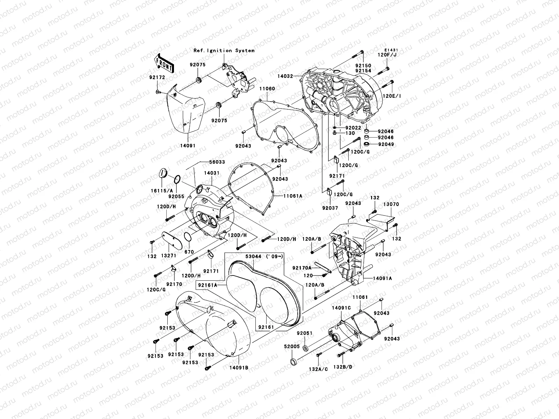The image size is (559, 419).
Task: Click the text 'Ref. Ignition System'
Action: pyautogui.click(x=224, y=51)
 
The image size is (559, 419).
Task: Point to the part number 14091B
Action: pyautogui.click(x=239, y=367)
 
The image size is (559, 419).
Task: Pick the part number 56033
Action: pyautogui.click(x=217, y=162)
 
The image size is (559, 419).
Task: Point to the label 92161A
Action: pyautogui.click(x=208, y=285)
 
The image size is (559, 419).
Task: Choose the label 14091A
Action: pyautogui.click(x=382, y=278)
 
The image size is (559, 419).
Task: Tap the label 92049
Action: pyautogui.click(x=386, y=144)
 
